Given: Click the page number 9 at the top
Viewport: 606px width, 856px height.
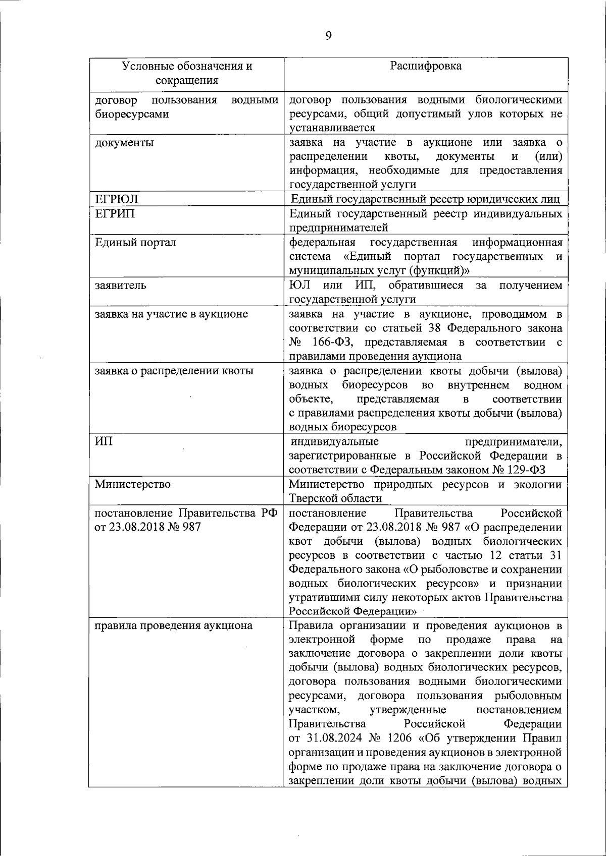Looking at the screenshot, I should [x=328, y=35].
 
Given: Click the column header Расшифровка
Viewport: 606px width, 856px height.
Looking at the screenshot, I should [x=426, y=66].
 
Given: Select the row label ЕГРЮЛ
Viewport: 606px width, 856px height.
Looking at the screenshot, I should [x=117, y=199].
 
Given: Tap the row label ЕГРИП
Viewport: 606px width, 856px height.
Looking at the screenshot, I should [x=115, y=213].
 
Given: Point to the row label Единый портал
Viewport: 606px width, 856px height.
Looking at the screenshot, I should [x=136, y=242].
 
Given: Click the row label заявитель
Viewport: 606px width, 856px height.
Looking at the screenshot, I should [x=121, y=286].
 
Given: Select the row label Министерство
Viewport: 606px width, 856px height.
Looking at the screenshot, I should [x=133, y=484].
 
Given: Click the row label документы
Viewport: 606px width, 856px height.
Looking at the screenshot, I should [x=125, y=143].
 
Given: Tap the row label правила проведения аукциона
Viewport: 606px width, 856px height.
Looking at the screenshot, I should [x=174, y=626].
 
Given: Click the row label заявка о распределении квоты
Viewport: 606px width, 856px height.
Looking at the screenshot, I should [x=174, y=371].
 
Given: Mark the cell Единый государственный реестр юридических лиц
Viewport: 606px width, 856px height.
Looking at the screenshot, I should [x=426, y=199].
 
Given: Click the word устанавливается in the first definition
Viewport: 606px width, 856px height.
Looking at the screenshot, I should [x=332, y=128].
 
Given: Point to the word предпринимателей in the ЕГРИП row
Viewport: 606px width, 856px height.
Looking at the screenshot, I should [x=338, y=228].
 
